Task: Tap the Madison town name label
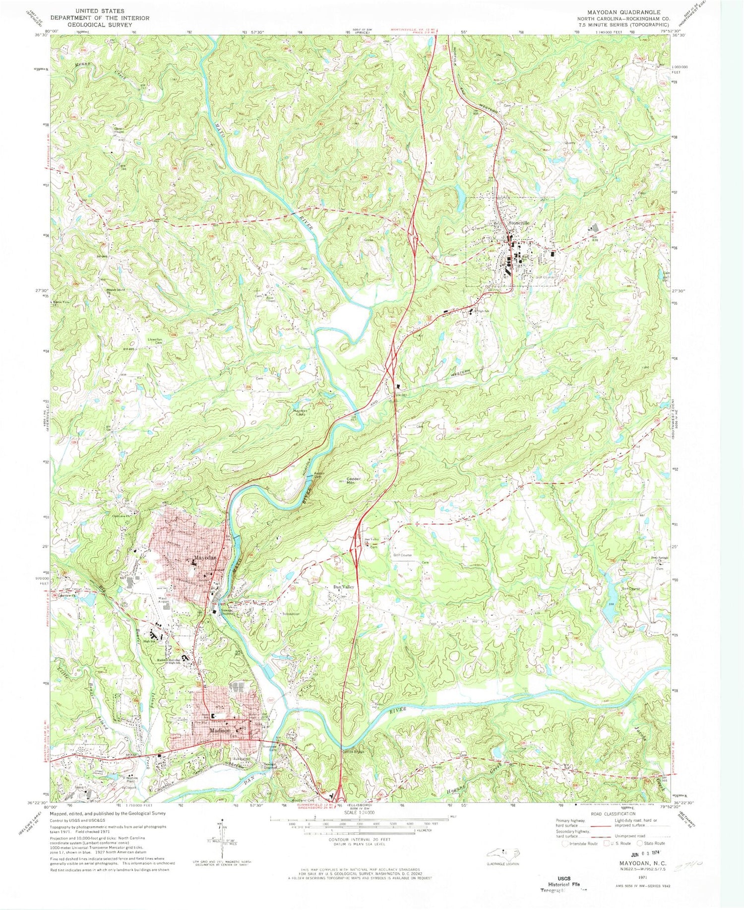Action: (x=220, y=730)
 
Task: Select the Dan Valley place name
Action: (x=343, y=587)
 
